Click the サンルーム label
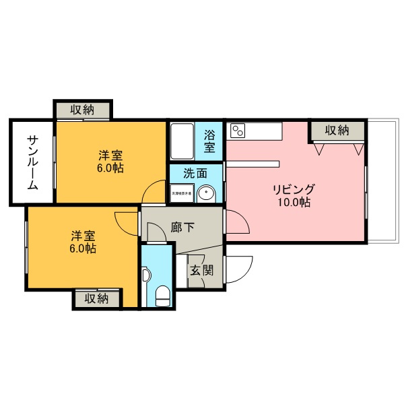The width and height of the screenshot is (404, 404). (32, 162)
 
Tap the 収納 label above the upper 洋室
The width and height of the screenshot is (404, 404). (83, 109)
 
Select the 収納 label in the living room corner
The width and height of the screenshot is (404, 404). (337, 130)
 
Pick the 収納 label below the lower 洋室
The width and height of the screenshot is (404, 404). (96, 298)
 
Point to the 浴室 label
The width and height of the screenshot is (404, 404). (209, 140)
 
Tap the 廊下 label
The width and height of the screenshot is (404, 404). (182, 227)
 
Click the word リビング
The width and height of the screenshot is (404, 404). (294, 188)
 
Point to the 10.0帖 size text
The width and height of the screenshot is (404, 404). (295, 202)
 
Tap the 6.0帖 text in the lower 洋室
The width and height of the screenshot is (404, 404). (83, 248)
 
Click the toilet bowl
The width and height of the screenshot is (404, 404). (162, 295)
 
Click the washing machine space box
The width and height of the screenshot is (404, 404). (180, 194)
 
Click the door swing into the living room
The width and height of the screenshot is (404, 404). (235, 223)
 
